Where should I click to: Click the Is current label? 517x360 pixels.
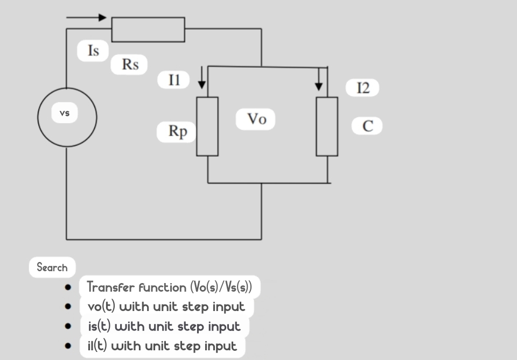pos(93,51)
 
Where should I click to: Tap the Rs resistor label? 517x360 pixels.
pos(130,65)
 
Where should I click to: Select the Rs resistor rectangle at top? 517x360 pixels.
pos(148,29)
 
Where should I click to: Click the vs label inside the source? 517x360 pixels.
pos(65,113)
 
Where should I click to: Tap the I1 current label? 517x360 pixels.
pos(173,80)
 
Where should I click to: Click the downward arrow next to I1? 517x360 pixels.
pos(202,78)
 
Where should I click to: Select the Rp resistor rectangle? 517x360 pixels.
pos(207,126)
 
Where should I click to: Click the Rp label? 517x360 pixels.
pos(177,131)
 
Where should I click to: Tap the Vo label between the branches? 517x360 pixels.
pos(256,119)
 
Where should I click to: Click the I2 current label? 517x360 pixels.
pos(364,88)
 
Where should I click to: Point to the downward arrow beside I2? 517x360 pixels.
pos(319,80)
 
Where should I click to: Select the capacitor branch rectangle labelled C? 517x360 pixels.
pos(327,126)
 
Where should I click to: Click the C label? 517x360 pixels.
pos(367,126)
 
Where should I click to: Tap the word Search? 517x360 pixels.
pos(52,267)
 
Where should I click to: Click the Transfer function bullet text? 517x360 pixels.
pos(169,287)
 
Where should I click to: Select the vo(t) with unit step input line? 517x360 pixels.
pos(166,307)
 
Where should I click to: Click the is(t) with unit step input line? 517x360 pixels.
pos(164,326)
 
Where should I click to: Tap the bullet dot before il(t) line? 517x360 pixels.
pos(68,345)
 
